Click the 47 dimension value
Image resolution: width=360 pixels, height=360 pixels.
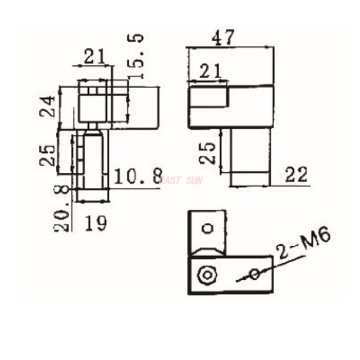(224, 37)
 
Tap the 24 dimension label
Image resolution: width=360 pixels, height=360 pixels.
(49, 106)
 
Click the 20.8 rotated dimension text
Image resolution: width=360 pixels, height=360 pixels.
(63, 210)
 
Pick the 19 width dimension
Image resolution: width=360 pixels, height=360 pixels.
(95, 223)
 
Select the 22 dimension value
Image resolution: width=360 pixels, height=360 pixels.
(296, 175)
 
